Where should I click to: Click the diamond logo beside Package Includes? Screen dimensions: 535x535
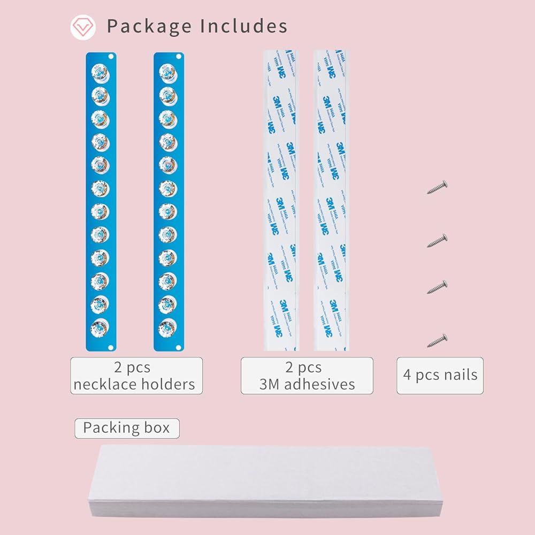click(83, 27)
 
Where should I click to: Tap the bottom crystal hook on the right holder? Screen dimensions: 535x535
click(167, 325)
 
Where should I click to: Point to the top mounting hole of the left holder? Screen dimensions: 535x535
click(111, 56)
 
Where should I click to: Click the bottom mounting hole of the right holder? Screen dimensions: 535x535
click(179, 347)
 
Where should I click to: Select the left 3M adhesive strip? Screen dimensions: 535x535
click(280, 201)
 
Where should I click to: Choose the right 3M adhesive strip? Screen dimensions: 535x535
click(330, 201)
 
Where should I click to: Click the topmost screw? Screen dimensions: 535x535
click(438, 187)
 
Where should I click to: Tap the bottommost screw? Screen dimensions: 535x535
click(437, 340)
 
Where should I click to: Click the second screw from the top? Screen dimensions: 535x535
click(437, 240)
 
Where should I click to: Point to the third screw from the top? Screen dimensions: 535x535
click(437, 287)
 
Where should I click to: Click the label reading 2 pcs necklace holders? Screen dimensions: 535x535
click(136, 376)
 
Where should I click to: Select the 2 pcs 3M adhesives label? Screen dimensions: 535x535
click(307, 376)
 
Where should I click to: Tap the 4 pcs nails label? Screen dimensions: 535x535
click(440, 376)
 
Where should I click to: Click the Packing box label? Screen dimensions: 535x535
click(127, 428)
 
